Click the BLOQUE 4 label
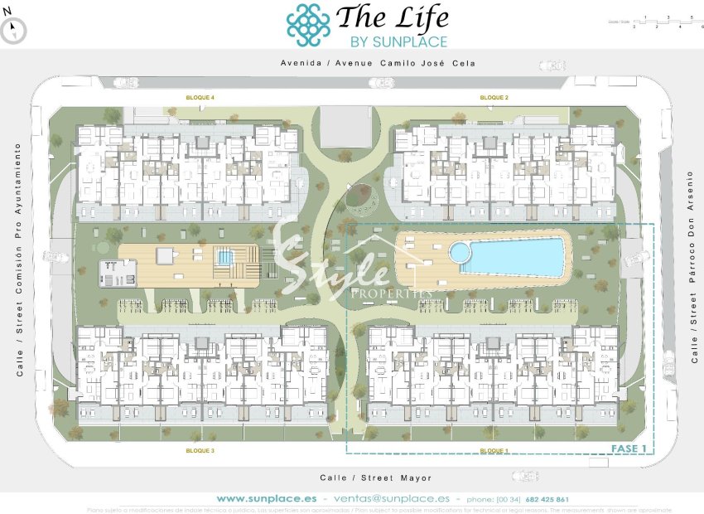(200, 97)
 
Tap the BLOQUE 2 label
(494, 97)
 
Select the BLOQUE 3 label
(200, 450)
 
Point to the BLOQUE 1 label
(494, 450)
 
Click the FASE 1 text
(627, 449)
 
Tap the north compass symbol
(14, 30)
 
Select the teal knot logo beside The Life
(308, 25)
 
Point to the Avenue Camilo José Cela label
(378, 63)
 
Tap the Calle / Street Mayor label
(376, 478)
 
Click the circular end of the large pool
(458, 251)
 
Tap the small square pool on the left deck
(224, 257)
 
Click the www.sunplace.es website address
(266, 499)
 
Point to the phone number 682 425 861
(546, 499)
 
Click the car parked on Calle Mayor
(524, 476)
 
